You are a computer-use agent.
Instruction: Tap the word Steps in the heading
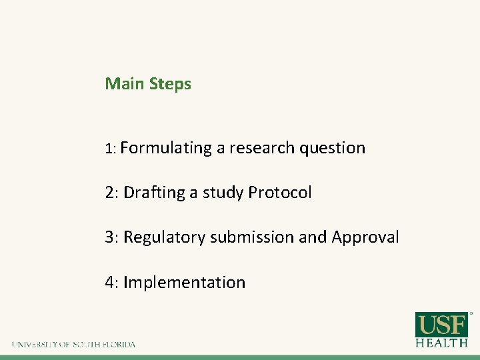click(x=171, y=85)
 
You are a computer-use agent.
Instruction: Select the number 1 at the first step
click(x=109, y=149)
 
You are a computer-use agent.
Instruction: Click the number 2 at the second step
click(x=109, y=193)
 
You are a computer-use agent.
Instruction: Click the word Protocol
click(x=280, y=193)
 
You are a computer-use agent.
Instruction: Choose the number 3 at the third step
click(x=109, y=237)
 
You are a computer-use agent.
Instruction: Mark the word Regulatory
click(x=165, y=238)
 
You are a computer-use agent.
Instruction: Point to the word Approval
click(x=365, y=238)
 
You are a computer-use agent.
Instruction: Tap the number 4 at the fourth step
click(x=109, y=283)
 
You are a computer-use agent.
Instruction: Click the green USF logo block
click(x=441, y=325)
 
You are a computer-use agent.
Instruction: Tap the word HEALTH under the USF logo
click(x=441, y=343)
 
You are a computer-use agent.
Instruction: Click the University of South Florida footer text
click(x=73, y=345)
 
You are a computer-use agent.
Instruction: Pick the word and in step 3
click(x=313, y=237)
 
